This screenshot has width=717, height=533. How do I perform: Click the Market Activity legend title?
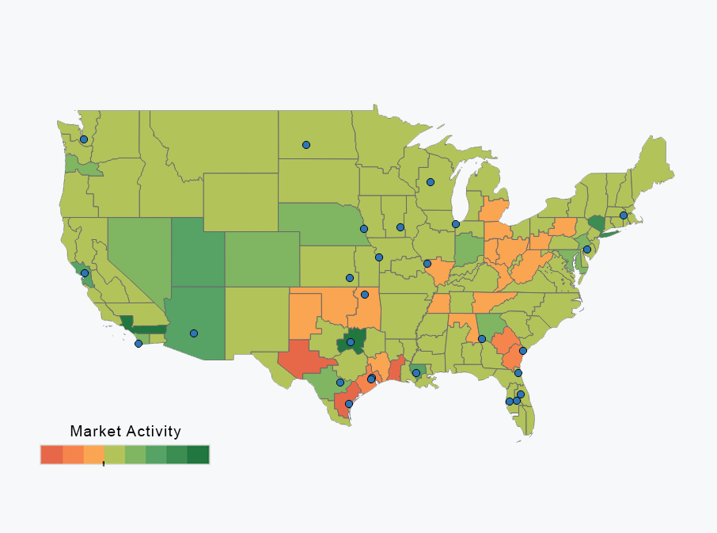coord(125,432)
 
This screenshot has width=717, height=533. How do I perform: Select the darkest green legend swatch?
coord(199,455)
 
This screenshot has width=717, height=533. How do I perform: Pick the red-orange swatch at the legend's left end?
coord(51,455)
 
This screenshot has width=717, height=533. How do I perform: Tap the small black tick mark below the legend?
coord(104,464)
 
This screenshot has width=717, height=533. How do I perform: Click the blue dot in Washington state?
coord(84,139)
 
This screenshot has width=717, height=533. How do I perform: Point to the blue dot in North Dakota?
coord(306,145)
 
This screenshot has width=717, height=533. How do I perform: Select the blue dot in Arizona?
coord(194,333)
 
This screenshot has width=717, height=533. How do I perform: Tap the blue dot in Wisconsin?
coord(431,182)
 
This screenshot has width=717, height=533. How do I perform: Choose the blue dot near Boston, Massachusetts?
coord(624,215)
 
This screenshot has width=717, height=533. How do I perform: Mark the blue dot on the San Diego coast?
coord(138,344)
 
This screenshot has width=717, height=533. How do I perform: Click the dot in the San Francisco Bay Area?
coord(85,273)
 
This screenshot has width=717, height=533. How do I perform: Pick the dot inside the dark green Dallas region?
coord(351,342)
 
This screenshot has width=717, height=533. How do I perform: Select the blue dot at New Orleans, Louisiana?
coord(416,373)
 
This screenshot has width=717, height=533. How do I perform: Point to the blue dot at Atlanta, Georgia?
coord(482,339)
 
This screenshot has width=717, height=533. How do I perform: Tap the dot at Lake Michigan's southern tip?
coord(456,224)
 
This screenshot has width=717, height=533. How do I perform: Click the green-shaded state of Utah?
coord(198,253)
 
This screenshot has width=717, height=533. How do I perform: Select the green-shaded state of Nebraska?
coord(317,226)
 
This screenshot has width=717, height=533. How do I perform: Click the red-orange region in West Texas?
coord(305,360)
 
